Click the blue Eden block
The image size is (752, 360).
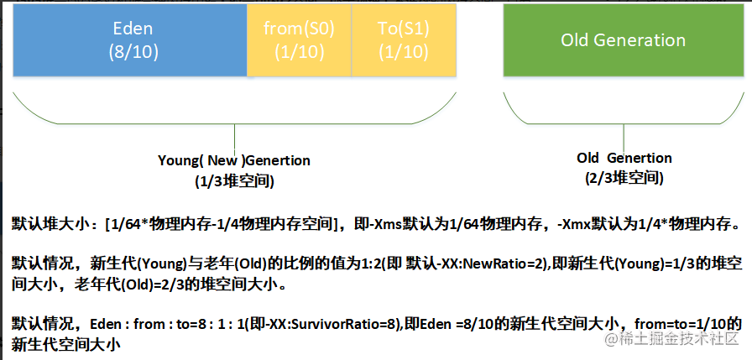click(x=130, y=40)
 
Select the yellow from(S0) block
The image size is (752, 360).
click(x=299, y=40)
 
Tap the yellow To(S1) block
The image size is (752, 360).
click(x=404, y=40)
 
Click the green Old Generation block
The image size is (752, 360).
click(x=624, y=40)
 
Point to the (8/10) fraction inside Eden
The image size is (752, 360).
click(x=133, y=52)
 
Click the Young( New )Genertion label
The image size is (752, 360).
click(x=234, y=160)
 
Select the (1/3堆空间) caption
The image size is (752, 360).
click(x=234, y=181)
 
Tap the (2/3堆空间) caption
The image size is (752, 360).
click(x=624, y=179)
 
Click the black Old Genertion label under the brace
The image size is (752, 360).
click(x=624, y=158)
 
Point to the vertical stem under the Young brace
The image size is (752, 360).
click(x=234, y=138)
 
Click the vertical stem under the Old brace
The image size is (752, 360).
click(x=624, y=138)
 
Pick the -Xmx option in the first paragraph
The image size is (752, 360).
click(x=575, y=223)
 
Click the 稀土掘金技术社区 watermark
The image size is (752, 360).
click(x=671, y=339)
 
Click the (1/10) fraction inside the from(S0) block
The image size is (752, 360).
click(x=299, y=52)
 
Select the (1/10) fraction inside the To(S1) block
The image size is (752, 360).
click(x=404, y=52)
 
